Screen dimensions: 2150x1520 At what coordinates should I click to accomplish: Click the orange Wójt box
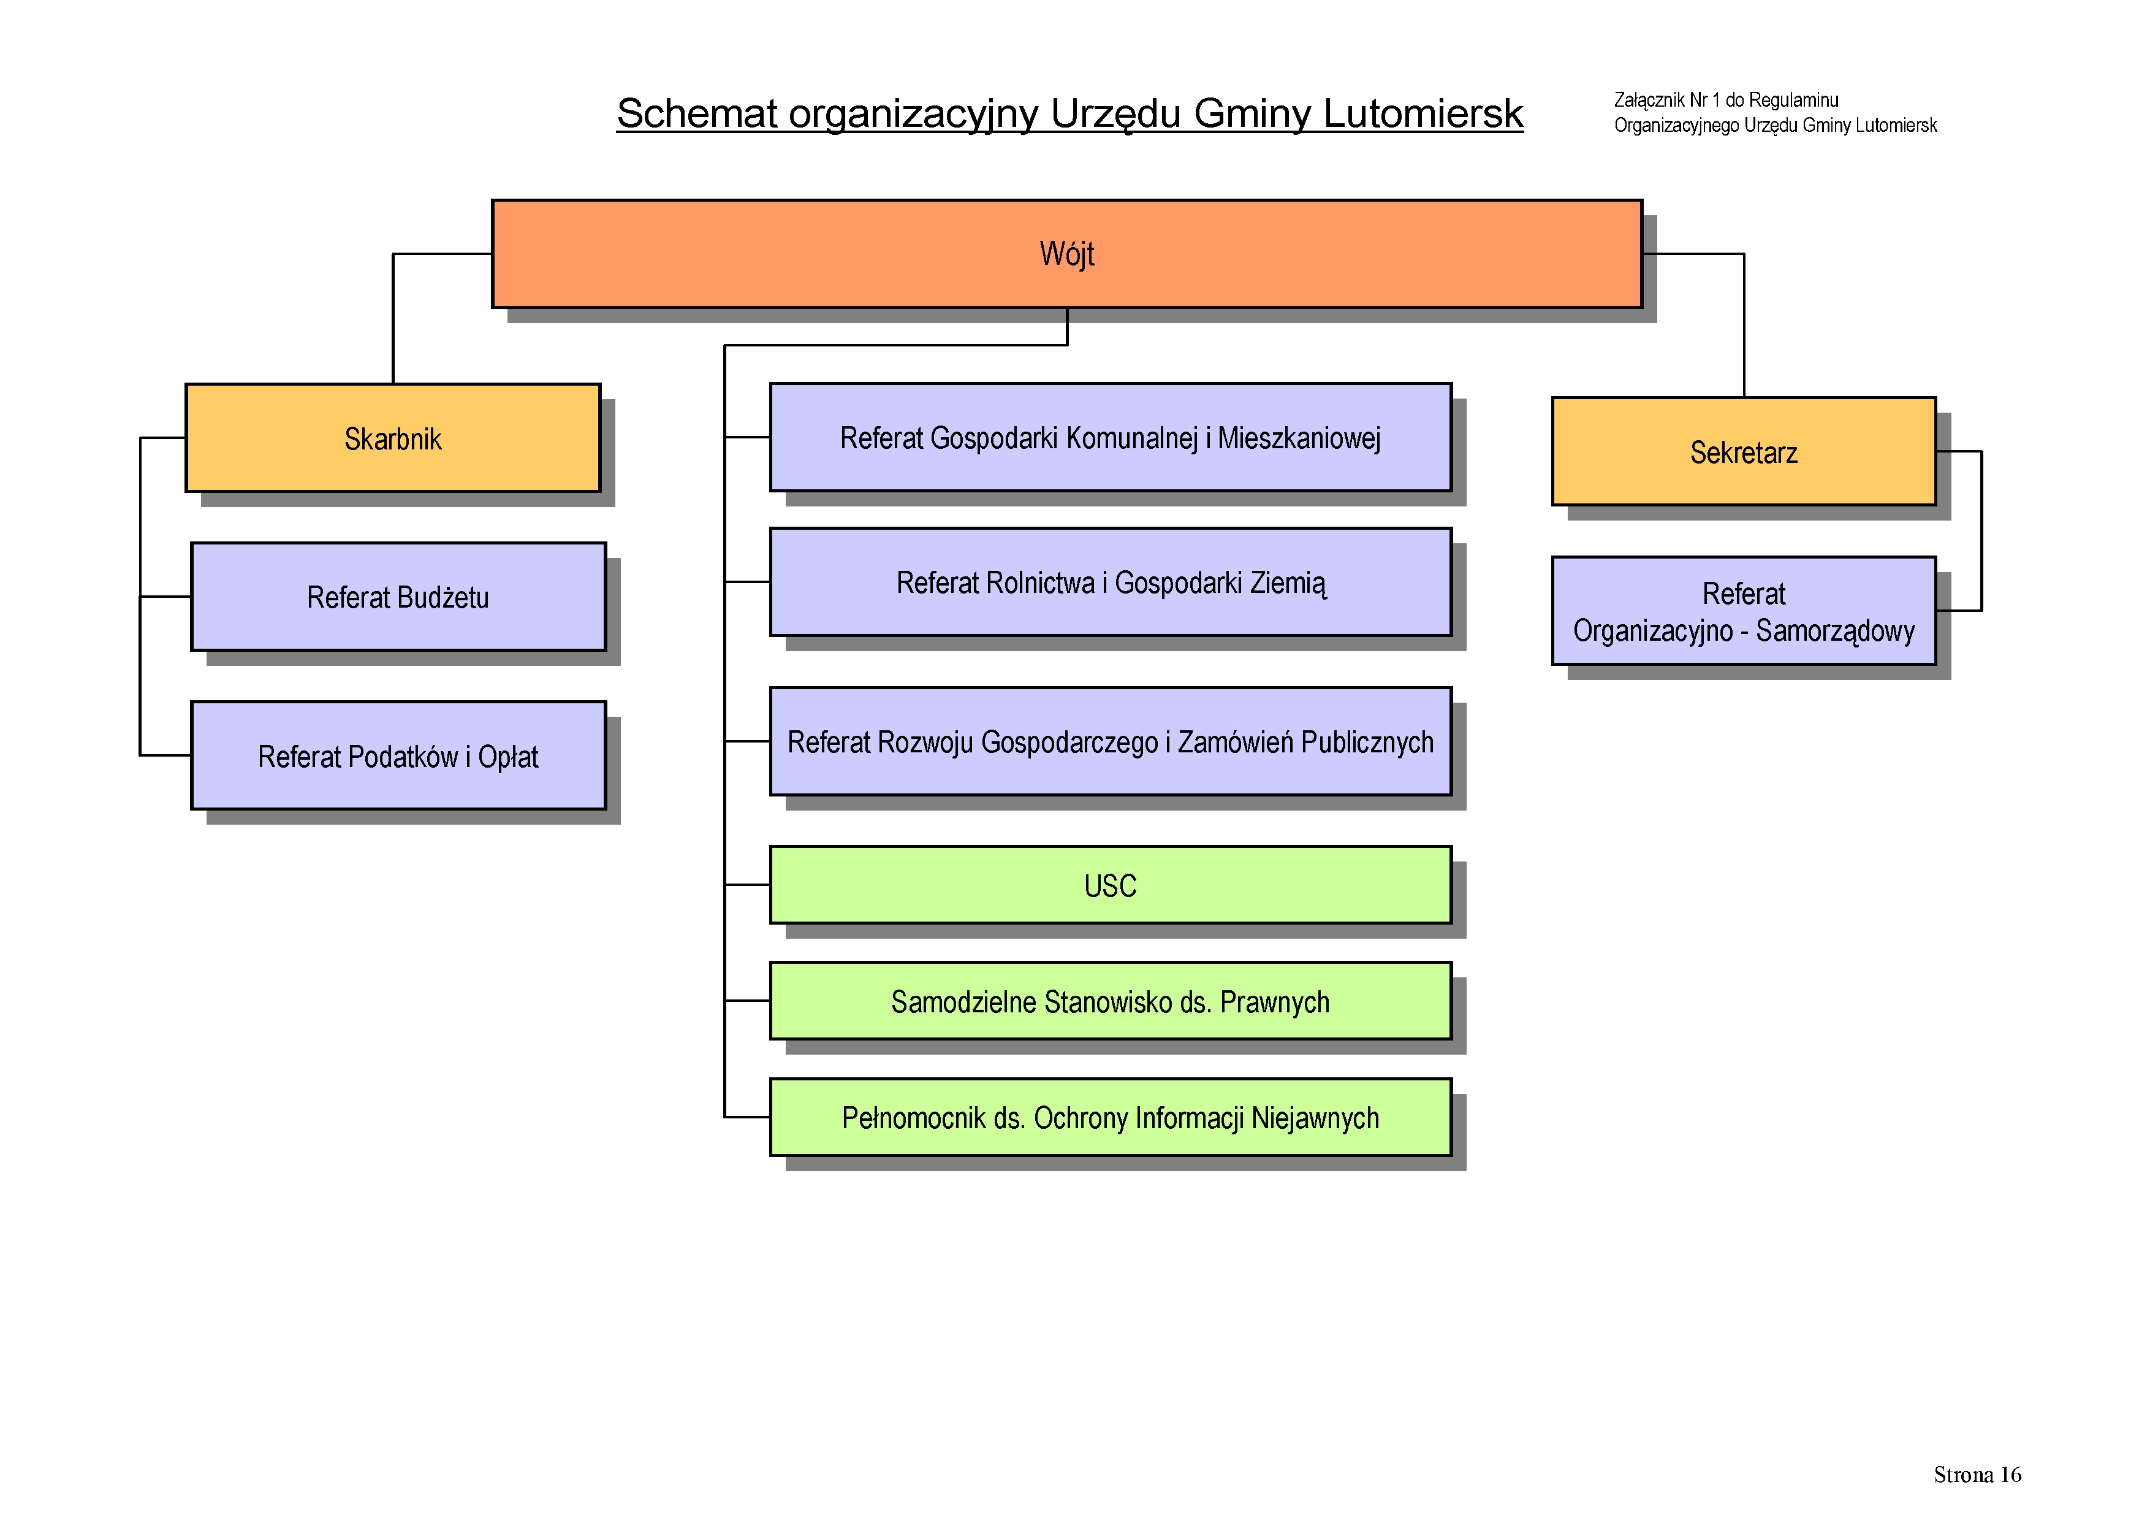1066,254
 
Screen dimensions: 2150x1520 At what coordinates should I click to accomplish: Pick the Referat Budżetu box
398,597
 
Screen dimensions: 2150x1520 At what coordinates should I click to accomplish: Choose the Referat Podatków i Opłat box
398,756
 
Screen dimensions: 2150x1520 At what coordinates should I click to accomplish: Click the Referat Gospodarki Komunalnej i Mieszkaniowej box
1111,437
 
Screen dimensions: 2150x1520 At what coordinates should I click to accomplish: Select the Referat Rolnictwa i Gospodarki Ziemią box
1111,582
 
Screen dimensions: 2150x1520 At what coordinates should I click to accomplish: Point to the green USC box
1111,885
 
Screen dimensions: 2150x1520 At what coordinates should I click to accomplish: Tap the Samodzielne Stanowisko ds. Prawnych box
1111,1001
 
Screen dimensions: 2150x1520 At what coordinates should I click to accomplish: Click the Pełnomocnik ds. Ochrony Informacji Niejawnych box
1111,1117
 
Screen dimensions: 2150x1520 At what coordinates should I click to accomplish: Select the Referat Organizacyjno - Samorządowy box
1744,611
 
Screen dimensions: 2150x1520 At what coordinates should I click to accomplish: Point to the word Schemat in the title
697,113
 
